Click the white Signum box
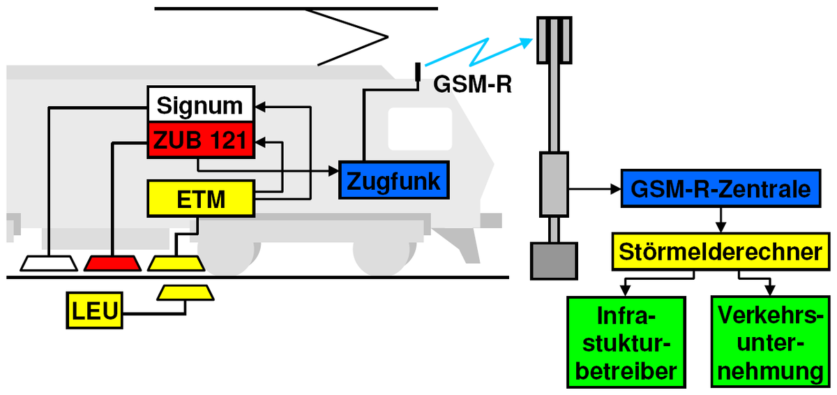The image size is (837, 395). [x=201, y=104]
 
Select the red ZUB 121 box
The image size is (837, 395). [x=201, y=140]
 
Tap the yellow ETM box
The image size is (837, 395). [x=201, y=198]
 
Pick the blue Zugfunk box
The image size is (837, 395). [x=394, y=180]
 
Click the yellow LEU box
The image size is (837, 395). [x=95, y=311]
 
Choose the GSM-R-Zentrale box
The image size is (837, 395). [x=721, y=188]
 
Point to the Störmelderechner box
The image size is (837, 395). [x=721, y=251]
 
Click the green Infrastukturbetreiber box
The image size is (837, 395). [x=626, y=342]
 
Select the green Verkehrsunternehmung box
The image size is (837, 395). [x=771, y=342]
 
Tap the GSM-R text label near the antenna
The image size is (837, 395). [x=472, y=84]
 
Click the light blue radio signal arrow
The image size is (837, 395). [x=479, y=52]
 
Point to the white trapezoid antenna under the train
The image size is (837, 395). [x=49, y=264]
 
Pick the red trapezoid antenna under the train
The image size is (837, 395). [x=112, y=264]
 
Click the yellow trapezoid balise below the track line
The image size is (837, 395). [x=186, y=293]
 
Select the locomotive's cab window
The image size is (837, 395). [x=420, y=129]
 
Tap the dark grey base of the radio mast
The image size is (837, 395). [x=554, y=261]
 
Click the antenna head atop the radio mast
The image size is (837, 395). [x=554, y=40]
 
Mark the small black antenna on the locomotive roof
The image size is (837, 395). [x=418, y=72]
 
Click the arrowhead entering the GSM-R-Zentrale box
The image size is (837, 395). [x=615, y=188]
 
